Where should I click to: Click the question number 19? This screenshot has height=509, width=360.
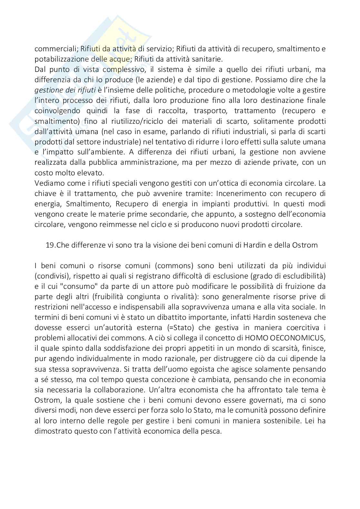pyautogui.click(x=51, y=245)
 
